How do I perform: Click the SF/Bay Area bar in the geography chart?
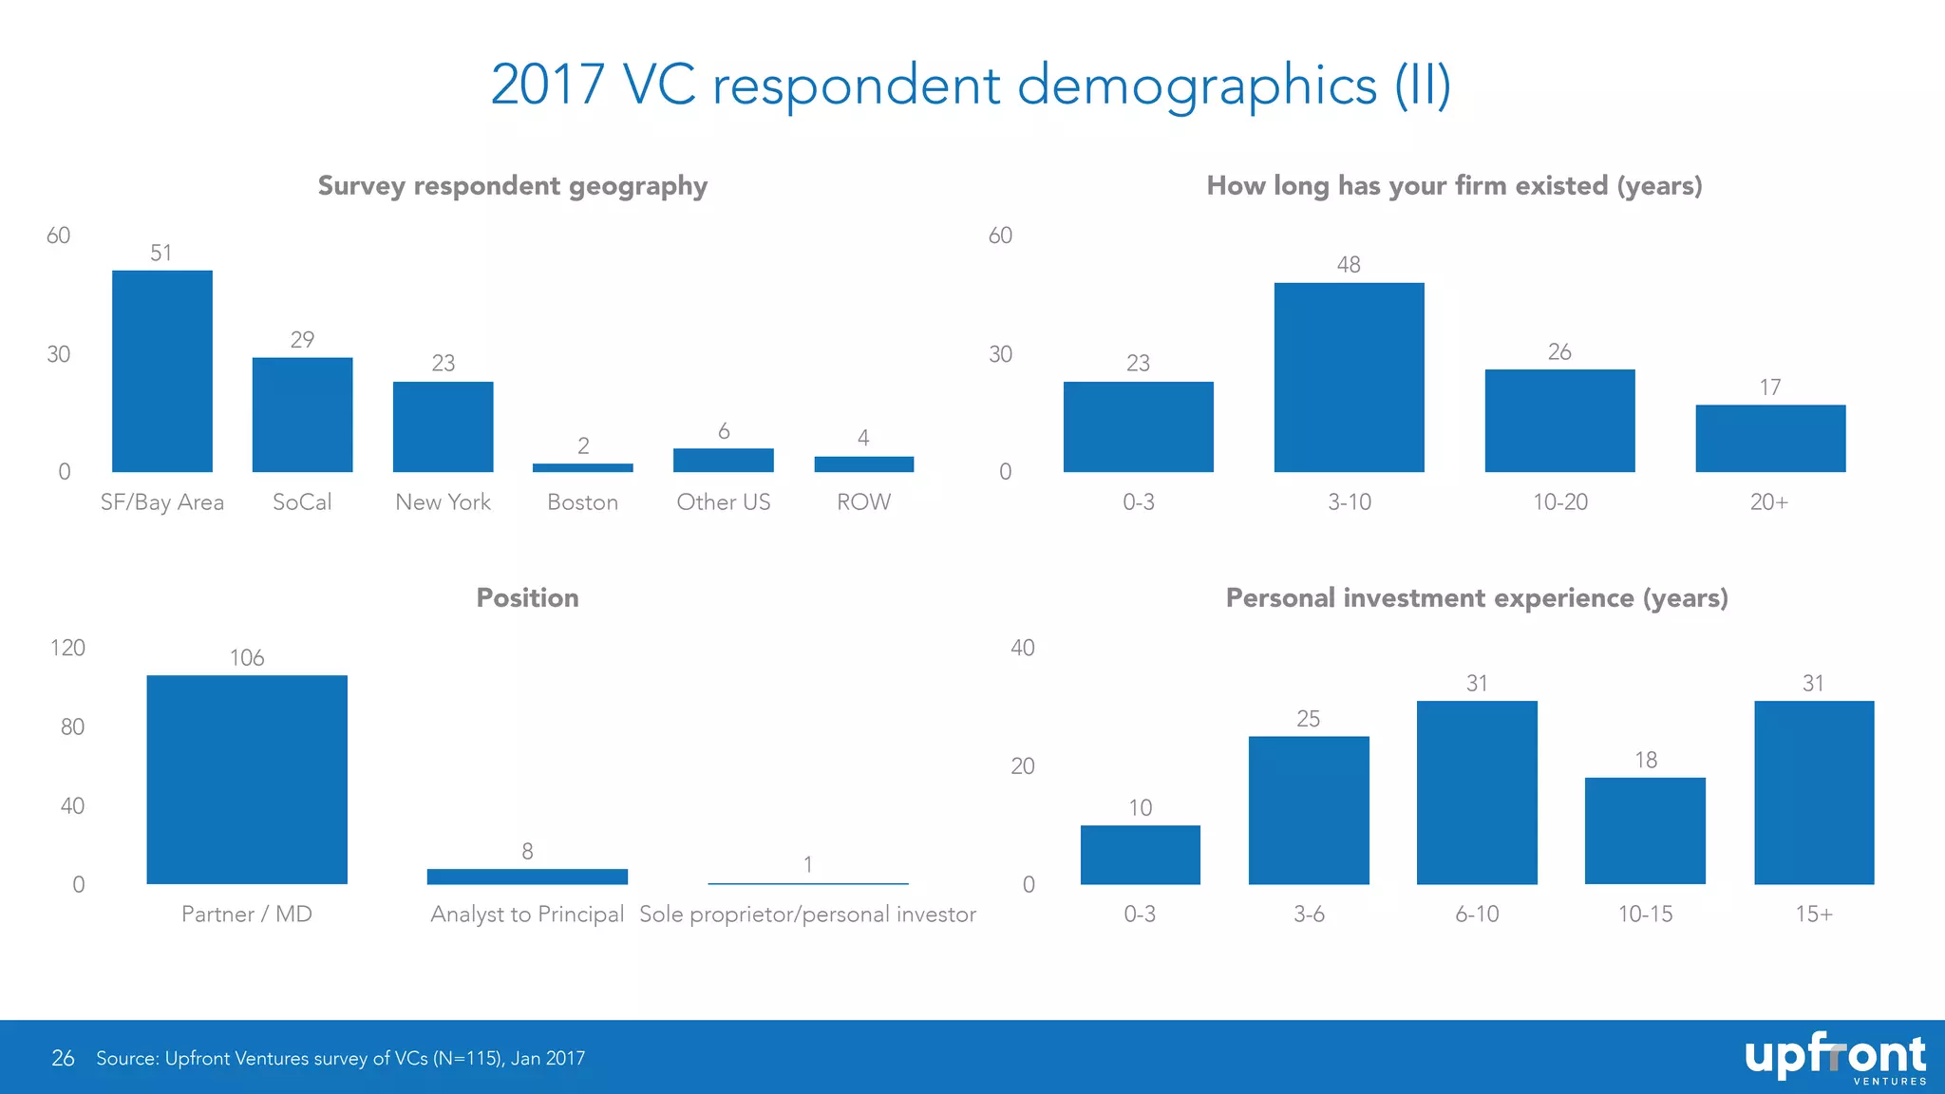pyautogui.click(x=161, y=371)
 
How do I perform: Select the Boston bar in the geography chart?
pyautogui.click(x=582, y=467)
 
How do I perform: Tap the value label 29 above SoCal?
pyautogui.click(x=302, y=339)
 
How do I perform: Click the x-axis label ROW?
pyautogui.click(x=863, y=501)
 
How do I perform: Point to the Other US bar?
pyautogui.click(x=723, y=460)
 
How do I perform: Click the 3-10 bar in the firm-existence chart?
pyautogui.click(x=1349, y=377)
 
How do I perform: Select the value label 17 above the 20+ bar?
pyautogui.click(x=1769, y=387)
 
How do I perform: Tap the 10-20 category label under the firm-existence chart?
pyautogui.click(x=1559, y=501)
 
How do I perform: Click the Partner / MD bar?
pyautogui.click(x=247, y=779)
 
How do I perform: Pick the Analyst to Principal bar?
pyautogui.click(x=527, y=876)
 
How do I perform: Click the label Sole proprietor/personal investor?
pyautogui.click(x=807, y=914)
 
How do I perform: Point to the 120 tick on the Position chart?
pyautogui.click(x=67, y=648)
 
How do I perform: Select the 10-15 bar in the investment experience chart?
pyautogui.click(x=1645, y=831)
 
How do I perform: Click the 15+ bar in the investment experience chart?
pyautogui.click(x=1813, y=792)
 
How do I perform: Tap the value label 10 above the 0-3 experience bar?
pyautogui.click(x=1140, y=807)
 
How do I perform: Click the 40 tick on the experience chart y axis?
pyautogui.click(x=1022, y=648)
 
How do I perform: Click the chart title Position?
pyautogui.click(x=527, y=597)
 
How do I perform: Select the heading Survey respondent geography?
pyautogui.click(x=512, y=185)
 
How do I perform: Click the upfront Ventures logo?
pyautogui.click(x=1834, y=1058)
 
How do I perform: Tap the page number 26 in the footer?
pyautogui.click(x=63, y=1058)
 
